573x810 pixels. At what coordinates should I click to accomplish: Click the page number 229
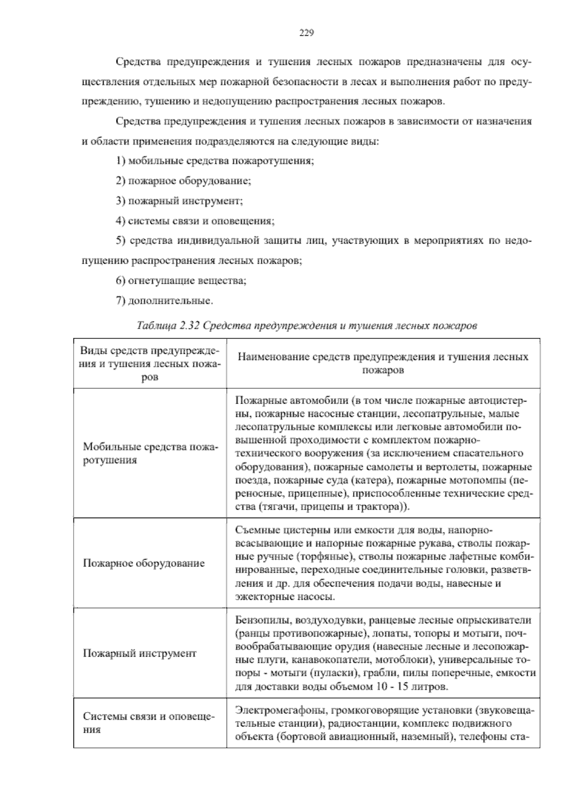pos(306,33)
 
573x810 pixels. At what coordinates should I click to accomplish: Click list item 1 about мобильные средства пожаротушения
pos(215,161)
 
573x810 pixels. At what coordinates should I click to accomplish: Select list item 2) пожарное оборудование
pos(183,181)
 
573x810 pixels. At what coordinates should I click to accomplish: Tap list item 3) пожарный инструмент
pos(180,201)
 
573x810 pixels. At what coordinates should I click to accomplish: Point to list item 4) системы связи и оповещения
pos(195,221)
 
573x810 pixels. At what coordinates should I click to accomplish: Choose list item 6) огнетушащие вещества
pos(181,281)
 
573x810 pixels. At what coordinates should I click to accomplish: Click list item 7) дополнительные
pos(164,301)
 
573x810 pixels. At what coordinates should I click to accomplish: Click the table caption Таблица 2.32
pos(307,326)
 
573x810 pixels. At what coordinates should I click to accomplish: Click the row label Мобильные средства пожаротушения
pos(150,454)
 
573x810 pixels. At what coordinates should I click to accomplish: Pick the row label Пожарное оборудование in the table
pos(144,563)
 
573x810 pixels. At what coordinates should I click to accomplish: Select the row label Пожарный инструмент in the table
pos(139,653)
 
